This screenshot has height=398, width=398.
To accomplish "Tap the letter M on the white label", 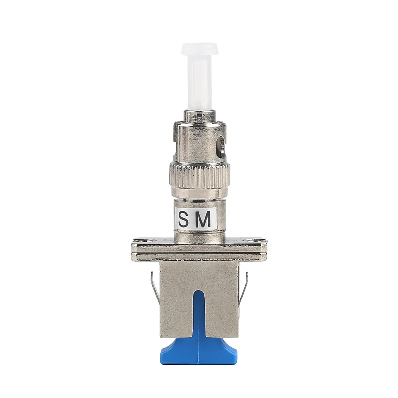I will (205, 220).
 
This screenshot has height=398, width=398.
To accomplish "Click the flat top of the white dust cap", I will (199, 48).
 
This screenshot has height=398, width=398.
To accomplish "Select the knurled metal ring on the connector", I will (199, 172).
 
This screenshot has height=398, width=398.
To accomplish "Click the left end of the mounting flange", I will (135, 249).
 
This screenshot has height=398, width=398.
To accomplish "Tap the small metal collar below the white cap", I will (199, 115).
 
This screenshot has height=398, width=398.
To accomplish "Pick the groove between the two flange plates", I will (199, 252).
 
